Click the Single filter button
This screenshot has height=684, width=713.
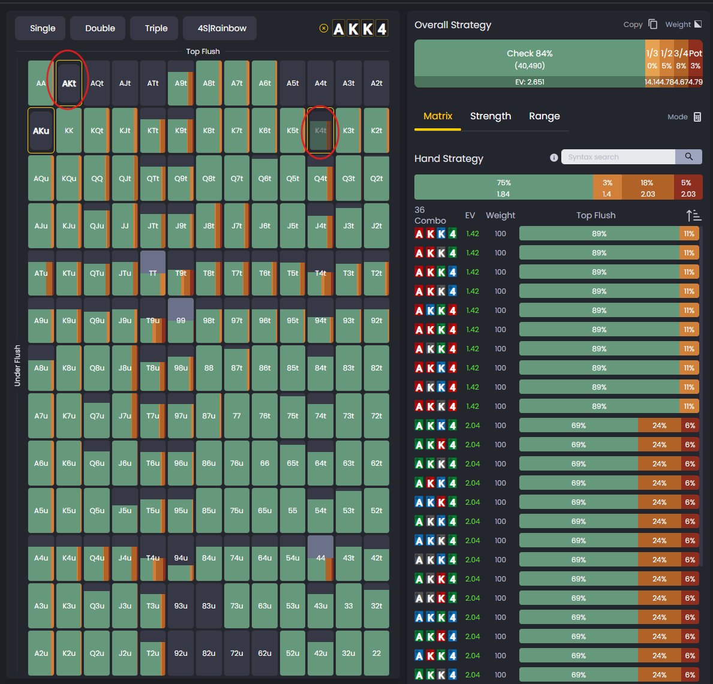tap(43, 28)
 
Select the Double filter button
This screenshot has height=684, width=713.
tap(100, 28)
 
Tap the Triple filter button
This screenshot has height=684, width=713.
tap(156, 28)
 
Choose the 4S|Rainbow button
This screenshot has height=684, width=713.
tap(222, 28)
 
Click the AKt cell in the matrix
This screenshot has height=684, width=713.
tap(69, 83)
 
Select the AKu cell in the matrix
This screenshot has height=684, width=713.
tap(41, 131)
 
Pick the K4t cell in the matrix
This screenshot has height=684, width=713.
tap(321, 131)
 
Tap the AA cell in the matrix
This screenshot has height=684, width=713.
tap(41, 83)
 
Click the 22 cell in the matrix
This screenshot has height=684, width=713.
tap(377, 653)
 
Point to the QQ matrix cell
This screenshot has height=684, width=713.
tap(97, 178)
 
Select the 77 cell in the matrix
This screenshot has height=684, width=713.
tap(237, 415)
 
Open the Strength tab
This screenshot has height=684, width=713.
tap(491, 116)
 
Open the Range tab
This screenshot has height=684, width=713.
tap(544, 116)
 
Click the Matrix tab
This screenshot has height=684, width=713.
tap(438, 116)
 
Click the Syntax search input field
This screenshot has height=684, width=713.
tap(618, 157)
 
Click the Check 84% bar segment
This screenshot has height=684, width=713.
tap(530, 58)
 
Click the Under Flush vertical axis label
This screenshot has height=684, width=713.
tap(17, 365)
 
